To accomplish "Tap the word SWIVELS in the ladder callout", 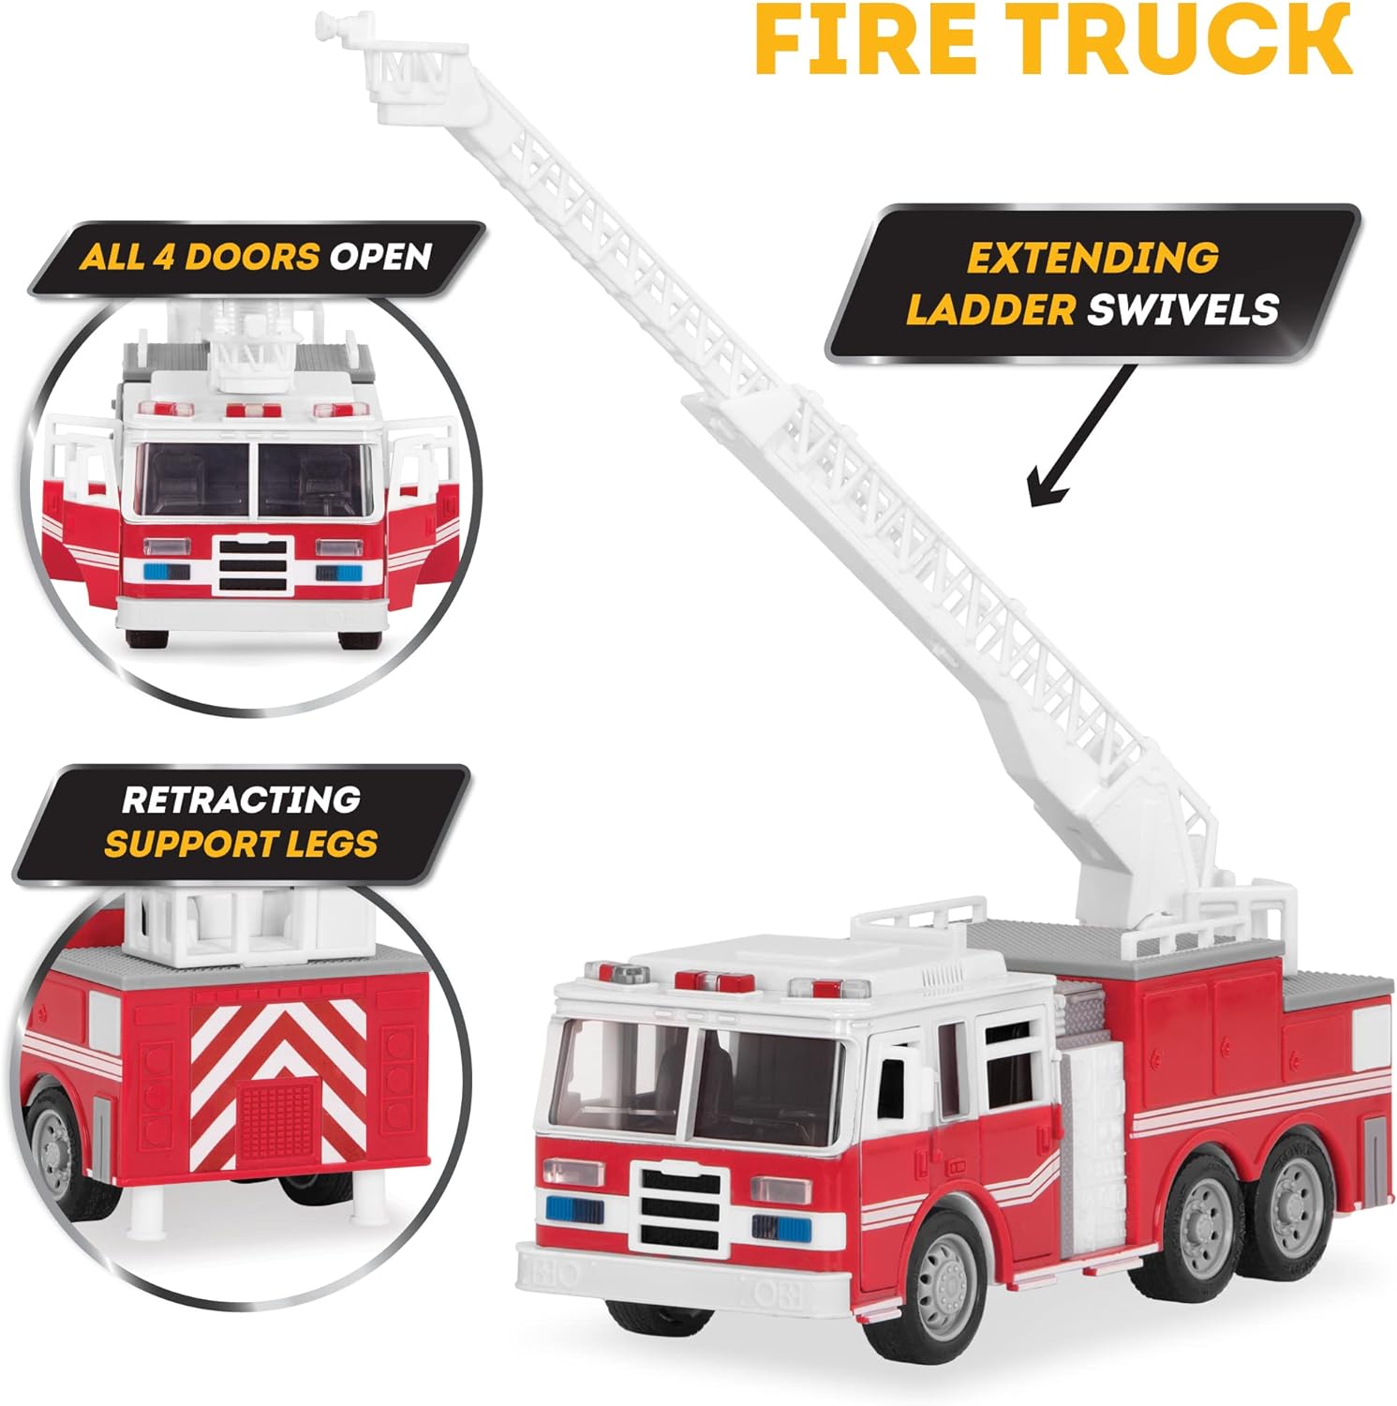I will click(1183, 309).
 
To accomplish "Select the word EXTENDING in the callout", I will click(1092, 258).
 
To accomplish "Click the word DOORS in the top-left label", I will click(253, 256).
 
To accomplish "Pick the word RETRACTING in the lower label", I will click(241, 800).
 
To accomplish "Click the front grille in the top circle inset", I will click(253, 563).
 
